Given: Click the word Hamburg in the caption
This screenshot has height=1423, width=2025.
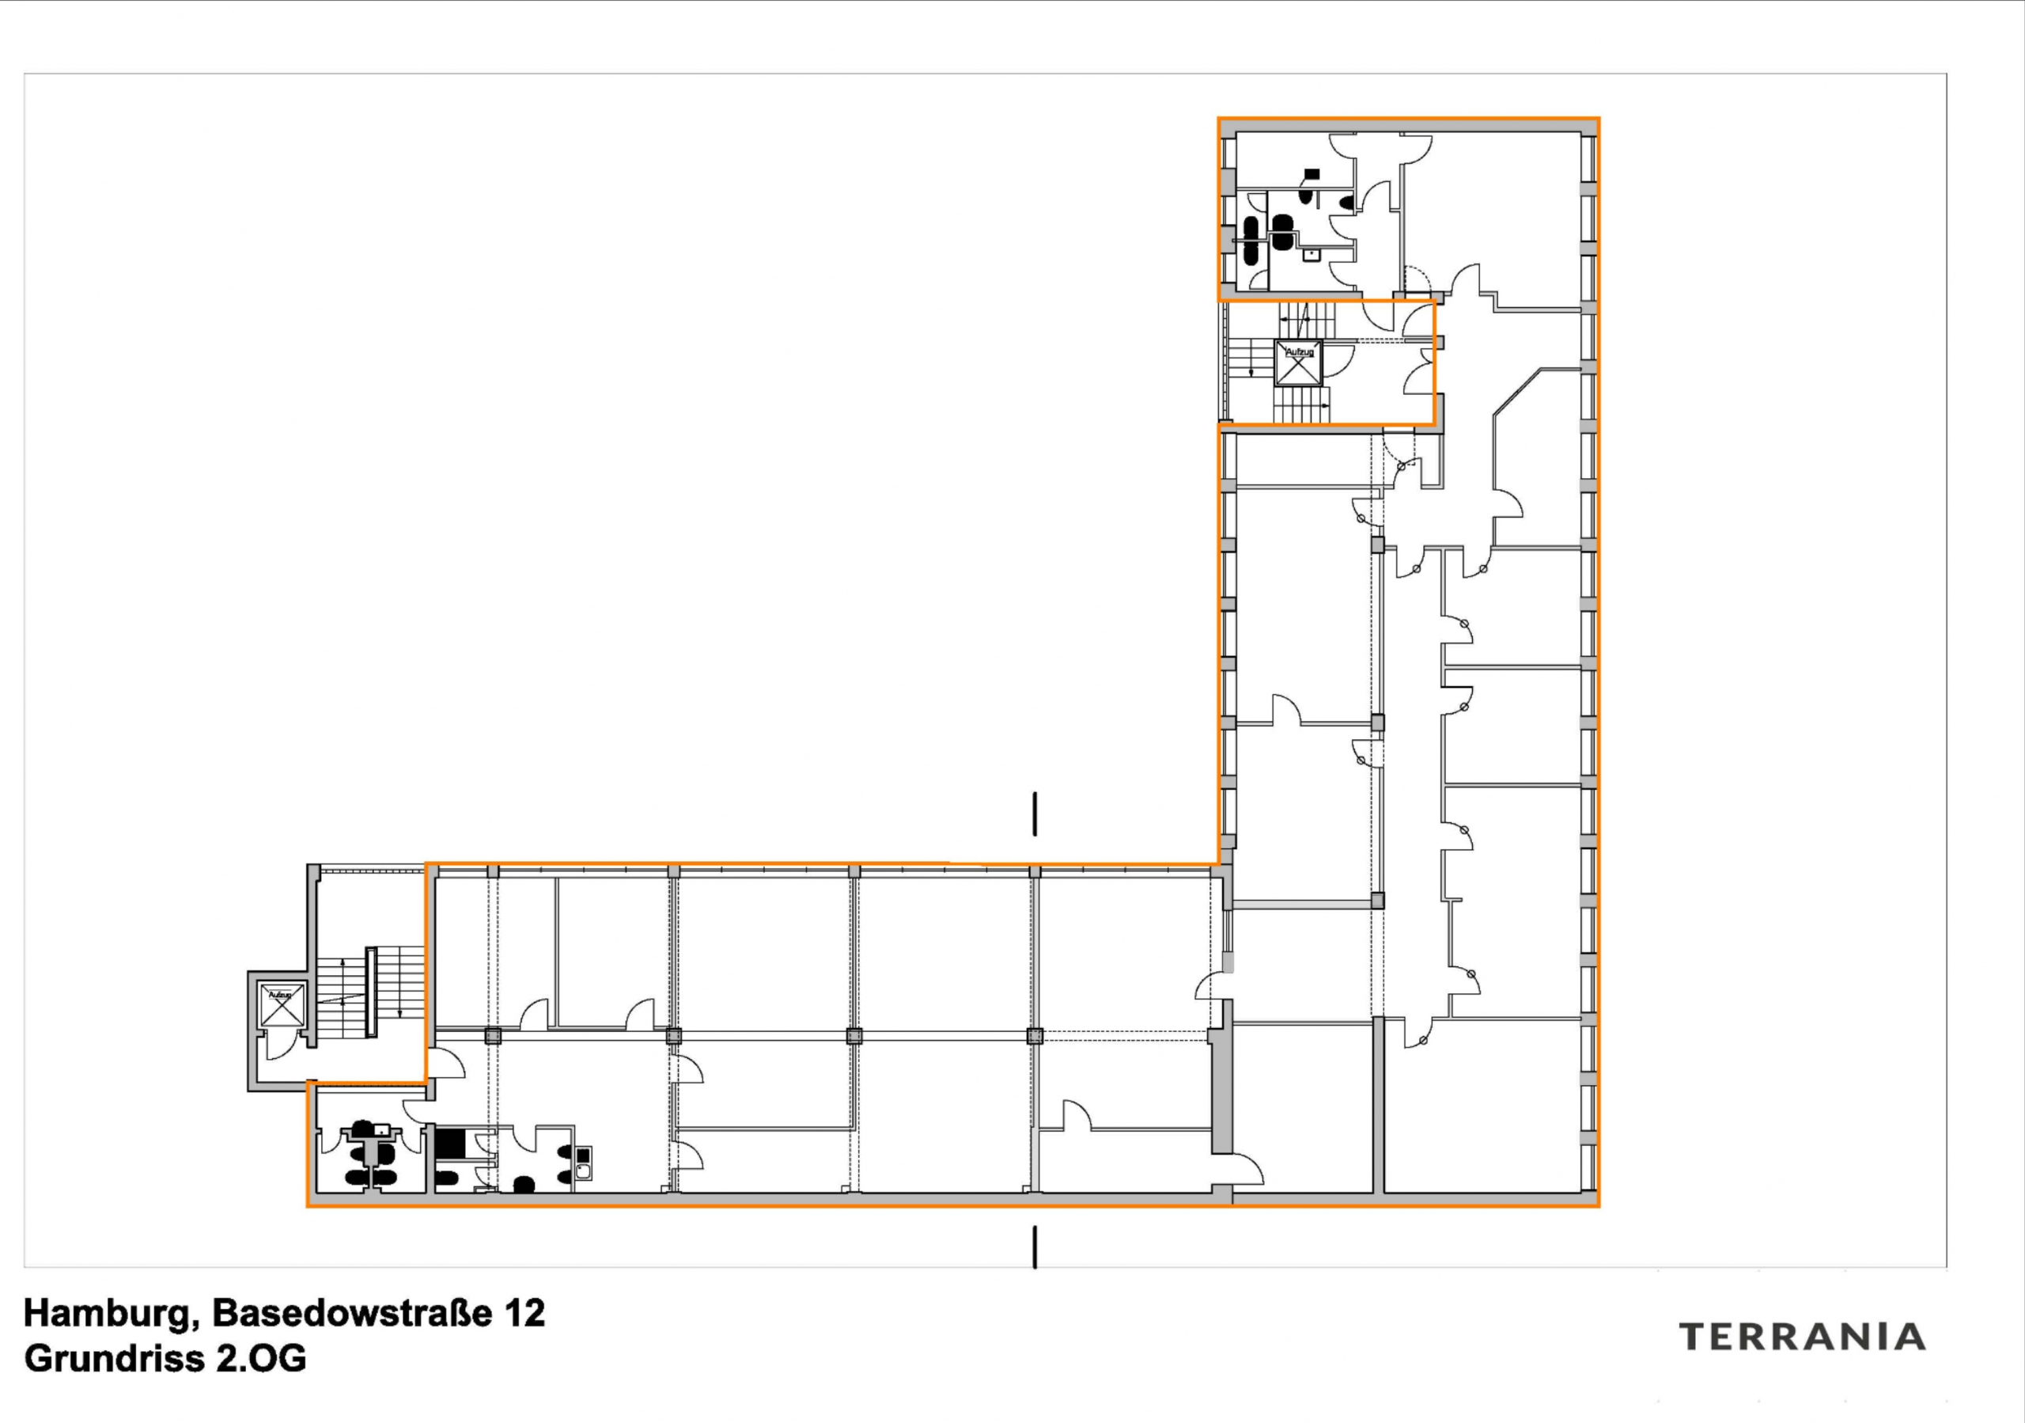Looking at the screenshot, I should click(x=106, y=1313).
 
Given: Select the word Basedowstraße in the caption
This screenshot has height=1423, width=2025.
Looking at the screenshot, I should click(x=352, y=1313).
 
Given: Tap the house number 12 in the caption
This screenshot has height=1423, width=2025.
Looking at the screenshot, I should click(x=524, y=1313).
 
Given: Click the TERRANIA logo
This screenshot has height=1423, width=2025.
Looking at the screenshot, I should click(x=1802, y=1337).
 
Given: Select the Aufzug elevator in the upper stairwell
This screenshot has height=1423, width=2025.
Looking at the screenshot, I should click(x=1298, y=362).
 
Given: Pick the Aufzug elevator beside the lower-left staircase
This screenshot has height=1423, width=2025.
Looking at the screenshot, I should click(x=281, y=1005).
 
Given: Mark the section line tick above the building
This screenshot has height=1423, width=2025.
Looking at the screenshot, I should click(x=1035, y=814).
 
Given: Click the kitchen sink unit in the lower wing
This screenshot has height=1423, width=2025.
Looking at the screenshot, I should click(x=582, y=1162).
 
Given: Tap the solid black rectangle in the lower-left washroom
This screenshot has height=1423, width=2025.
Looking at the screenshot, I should click(x=450, y=1144).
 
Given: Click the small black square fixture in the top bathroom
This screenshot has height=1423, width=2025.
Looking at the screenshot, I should click(x=1312, y=174).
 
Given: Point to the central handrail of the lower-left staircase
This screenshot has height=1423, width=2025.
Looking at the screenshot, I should click(x=371, y=992).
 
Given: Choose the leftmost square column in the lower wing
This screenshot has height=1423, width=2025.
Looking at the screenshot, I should click(x=492, y=1036).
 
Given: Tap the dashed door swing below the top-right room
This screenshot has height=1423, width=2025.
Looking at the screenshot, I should click(x=1416, y=279).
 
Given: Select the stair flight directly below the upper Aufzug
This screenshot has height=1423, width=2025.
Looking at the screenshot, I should click(x=1300, y=405).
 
